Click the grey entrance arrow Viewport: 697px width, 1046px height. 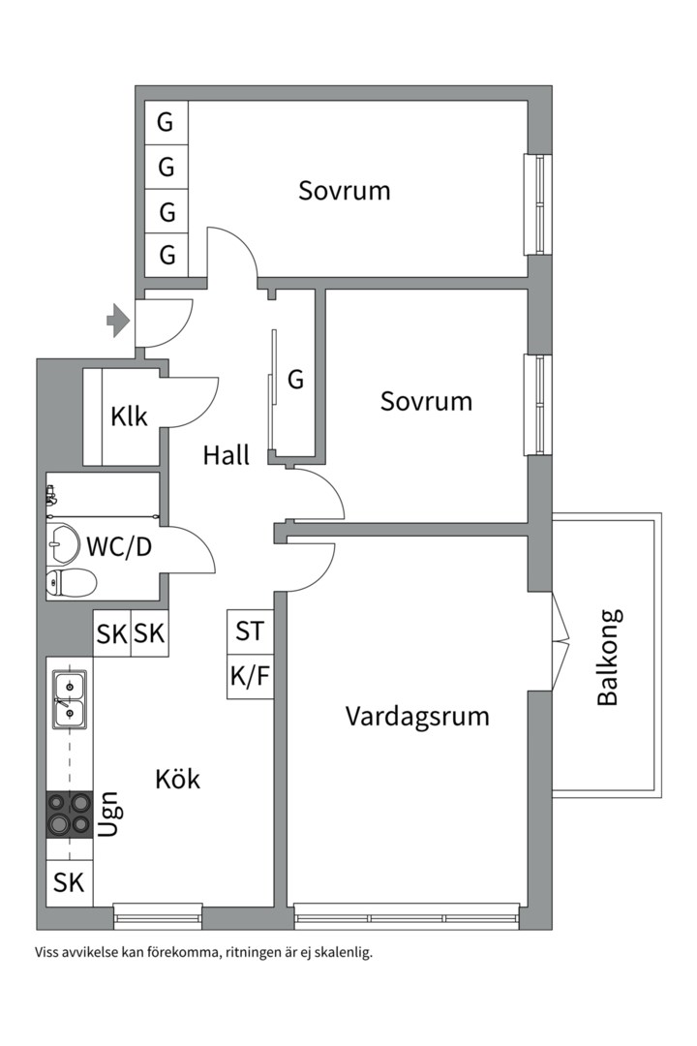118,321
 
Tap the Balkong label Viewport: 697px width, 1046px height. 608,657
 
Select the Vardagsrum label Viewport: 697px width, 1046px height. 417,717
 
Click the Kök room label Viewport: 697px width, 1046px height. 177,779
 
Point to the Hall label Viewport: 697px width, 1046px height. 226,455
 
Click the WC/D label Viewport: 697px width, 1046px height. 119,546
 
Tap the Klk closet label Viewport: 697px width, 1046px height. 129,417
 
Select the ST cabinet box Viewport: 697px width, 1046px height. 250,631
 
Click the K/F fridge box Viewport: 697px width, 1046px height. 250,676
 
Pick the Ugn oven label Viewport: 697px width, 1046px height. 109,815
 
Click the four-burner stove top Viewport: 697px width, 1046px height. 70,814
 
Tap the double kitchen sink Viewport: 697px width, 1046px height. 69,699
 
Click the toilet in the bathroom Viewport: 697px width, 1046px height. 71,582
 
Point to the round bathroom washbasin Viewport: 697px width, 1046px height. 64,543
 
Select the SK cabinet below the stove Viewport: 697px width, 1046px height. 69,883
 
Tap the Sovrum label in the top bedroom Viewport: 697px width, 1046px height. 345,191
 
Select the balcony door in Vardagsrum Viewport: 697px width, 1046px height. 560,640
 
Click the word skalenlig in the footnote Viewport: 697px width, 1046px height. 340,952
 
